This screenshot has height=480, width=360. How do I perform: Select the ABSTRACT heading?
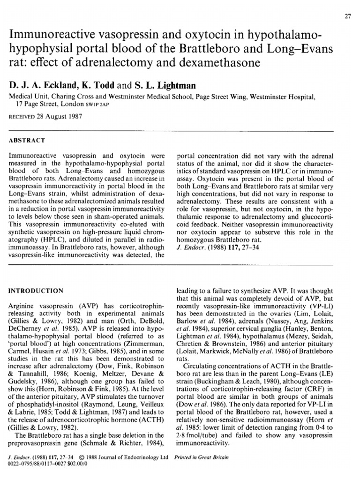(28, 140)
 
